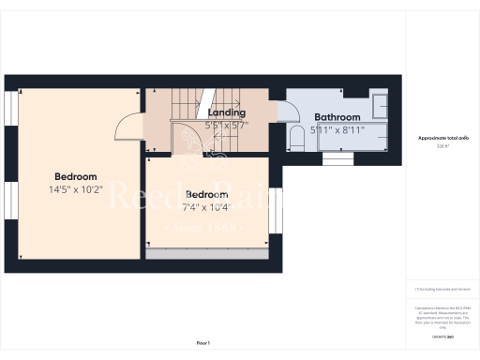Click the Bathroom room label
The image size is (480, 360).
[x=337, y=117]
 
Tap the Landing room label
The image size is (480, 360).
[x=226, y=112]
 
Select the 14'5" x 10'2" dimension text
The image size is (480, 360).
[x=75, y=188]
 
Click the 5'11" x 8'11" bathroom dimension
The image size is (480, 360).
[x=337, y=130]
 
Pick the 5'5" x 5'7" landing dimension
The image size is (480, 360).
[x=226, y=124]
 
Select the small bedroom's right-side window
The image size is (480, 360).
[x=276, y=211]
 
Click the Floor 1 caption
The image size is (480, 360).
[x=203, y=343]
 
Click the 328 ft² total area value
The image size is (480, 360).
[x=442, y=146]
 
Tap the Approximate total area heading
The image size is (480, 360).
[x=442, y=138]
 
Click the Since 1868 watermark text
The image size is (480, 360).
[x=203, y=228]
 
